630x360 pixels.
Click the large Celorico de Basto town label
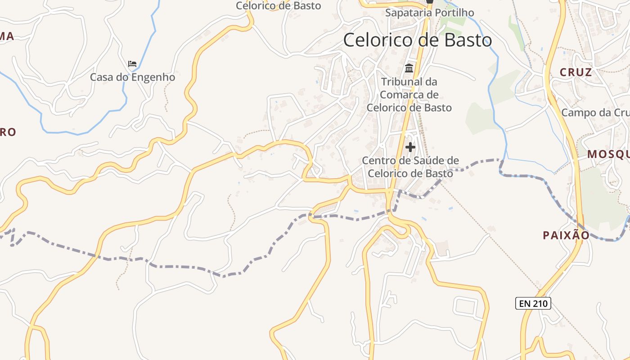417,40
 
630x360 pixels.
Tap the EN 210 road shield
534,303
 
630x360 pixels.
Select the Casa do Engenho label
132,77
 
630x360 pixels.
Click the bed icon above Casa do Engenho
132,64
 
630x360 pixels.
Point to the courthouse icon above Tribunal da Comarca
409,68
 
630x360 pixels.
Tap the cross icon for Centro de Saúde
410,147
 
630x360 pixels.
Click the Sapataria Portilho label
429,13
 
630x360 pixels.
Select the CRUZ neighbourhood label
576,72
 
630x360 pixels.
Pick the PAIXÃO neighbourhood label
566,235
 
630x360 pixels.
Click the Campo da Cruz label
595,112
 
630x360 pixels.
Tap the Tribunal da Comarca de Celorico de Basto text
409,95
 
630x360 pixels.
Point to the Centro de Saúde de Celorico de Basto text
410,167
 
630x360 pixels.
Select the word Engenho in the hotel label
153,77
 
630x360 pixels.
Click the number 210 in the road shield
540,303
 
